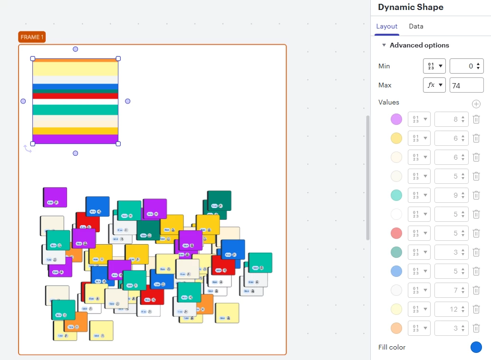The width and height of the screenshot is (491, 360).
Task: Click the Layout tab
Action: (x=386, y=27)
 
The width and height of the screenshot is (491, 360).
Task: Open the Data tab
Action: (x=416, y=27)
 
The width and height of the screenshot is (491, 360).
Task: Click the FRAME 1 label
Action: (x=32, y=37)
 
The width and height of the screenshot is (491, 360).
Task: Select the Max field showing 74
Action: (x=466, y=85)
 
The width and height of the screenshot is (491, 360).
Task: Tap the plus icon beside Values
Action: (x=476, y=104)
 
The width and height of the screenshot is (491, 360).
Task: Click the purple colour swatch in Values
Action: (x=396, y=119)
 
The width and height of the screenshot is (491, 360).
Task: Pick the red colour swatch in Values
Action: (x=396, y=233)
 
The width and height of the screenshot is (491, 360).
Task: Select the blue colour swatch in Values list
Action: (x=396, y=271)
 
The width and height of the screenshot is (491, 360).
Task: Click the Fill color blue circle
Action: (x=476, y=347)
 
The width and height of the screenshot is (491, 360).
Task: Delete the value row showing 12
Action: (x=476, y=309)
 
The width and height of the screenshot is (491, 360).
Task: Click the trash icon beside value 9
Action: (x=476, y=195)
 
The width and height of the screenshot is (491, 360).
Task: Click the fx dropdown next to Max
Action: (x=434, y=85)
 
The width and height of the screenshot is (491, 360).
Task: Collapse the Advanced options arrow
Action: (x=384, y=45)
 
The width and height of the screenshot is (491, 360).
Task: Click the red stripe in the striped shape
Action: (x=75, y=96)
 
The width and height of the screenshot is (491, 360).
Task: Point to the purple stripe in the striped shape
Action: (x=75, y=139)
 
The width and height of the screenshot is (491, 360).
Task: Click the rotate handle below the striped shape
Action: (x=28, y=149)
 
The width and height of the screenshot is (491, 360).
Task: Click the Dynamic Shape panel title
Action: (x=411, y=7)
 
